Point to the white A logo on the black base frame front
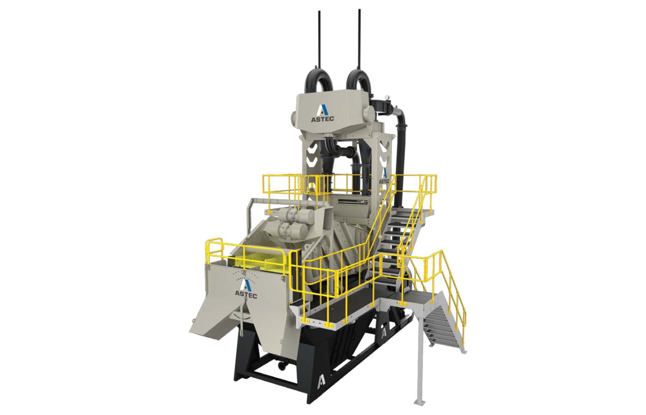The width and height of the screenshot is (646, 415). tap(322, 381)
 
